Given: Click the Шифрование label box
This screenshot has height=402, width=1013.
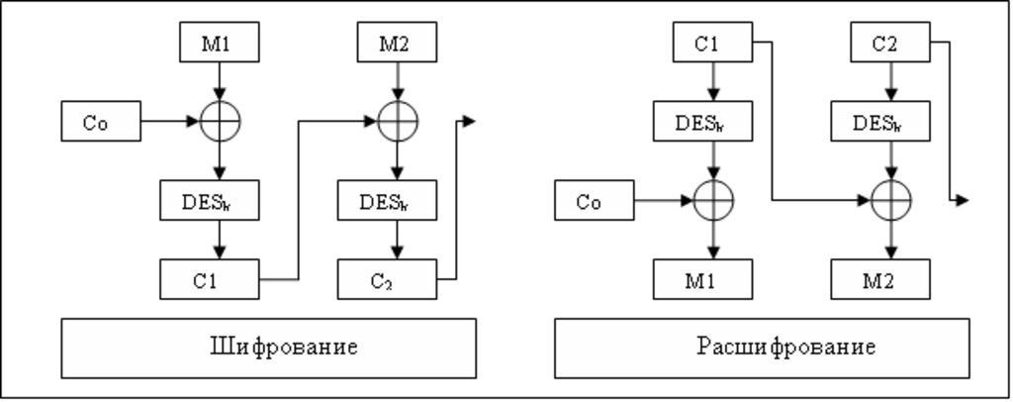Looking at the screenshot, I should click(x=268, y=348).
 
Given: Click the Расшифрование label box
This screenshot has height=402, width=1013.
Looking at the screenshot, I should click(x=761, y=348).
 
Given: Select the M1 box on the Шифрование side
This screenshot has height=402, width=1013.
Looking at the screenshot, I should click(x=220, y=43).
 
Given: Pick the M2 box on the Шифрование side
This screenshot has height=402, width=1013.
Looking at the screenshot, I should click(x=397, y=43).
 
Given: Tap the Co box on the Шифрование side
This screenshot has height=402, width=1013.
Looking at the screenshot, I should click(x=100, y=122).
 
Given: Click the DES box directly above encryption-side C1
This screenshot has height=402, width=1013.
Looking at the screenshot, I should click(x=210, y=201).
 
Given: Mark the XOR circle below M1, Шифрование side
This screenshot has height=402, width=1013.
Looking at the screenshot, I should click(x=220, y=122).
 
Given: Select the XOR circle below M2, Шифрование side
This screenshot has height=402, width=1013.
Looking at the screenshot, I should click(x=397, y=122).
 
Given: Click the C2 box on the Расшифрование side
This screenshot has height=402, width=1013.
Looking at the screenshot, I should click(x=890, y=43).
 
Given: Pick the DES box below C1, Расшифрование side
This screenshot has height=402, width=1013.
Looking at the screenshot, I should click(x=702, y=122).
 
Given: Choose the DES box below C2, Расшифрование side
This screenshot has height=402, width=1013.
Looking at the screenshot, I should click(x=880, y=122).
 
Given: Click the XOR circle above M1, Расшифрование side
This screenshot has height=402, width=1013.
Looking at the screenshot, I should click(x=713, y=201).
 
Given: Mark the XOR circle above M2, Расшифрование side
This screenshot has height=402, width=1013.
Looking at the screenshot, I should click(x=890, y=201).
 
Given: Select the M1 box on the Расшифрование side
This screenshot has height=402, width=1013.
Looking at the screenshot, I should click(x=702, y=279).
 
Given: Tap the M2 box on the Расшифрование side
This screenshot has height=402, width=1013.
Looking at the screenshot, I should click(x=880, y=279).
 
